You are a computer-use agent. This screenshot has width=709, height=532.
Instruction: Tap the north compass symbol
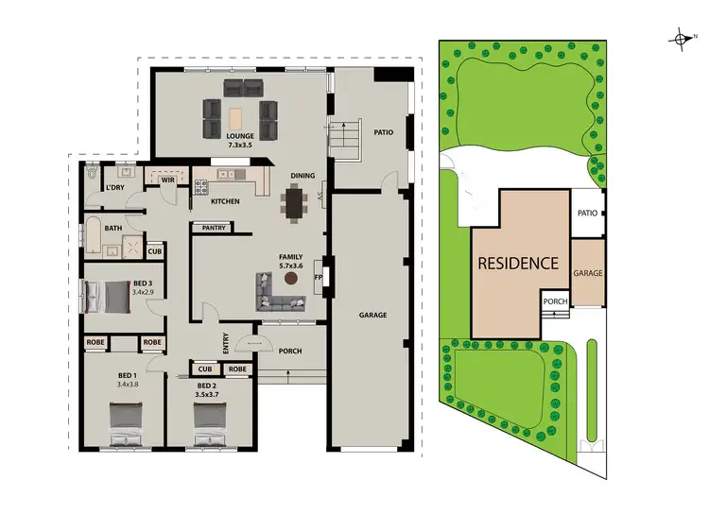(681, 39)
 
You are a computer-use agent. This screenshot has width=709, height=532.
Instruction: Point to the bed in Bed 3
(107, 297)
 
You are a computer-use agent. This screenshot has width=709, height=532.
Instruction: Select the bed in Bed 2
(208, 422)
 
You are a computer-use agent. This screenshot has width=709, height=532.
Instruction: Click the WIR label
(168, 180)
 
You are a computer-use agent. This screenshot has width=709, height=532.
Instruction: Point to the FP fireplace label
(319, 277)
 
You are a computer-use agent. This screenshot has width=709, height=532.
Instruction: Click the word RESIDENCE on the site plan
(517, 264)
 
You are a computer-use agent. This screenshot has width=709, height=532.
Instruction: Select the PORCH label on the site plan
(556, 302)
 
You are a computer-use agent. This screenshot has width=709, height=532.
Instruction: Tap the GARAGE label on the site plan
(587, 272)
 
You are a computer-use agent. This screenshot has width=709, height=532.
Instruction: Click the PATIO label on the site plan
(587, 213)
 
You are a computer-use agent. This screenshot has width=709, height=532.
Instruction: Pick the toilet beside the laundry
(93, 174)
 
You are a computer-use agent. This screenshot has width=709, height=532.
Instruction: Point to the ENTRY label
(226, 345)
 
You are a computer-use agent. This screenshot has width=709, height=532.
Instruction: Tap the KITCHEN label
(225, 201)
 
